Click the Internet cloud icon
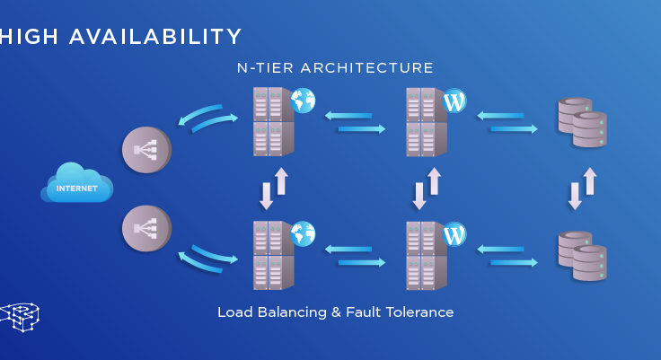76,183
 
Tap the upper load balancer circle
146,148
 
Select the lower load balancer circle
146,228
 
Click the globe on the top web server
303,101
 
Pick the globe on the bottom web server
303,234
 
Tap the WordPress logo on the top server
454,101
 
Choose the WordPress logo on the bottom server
454,234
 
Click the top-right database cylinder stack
582,122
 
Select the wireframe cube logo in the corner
20,316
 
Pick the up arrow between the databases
590,180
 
